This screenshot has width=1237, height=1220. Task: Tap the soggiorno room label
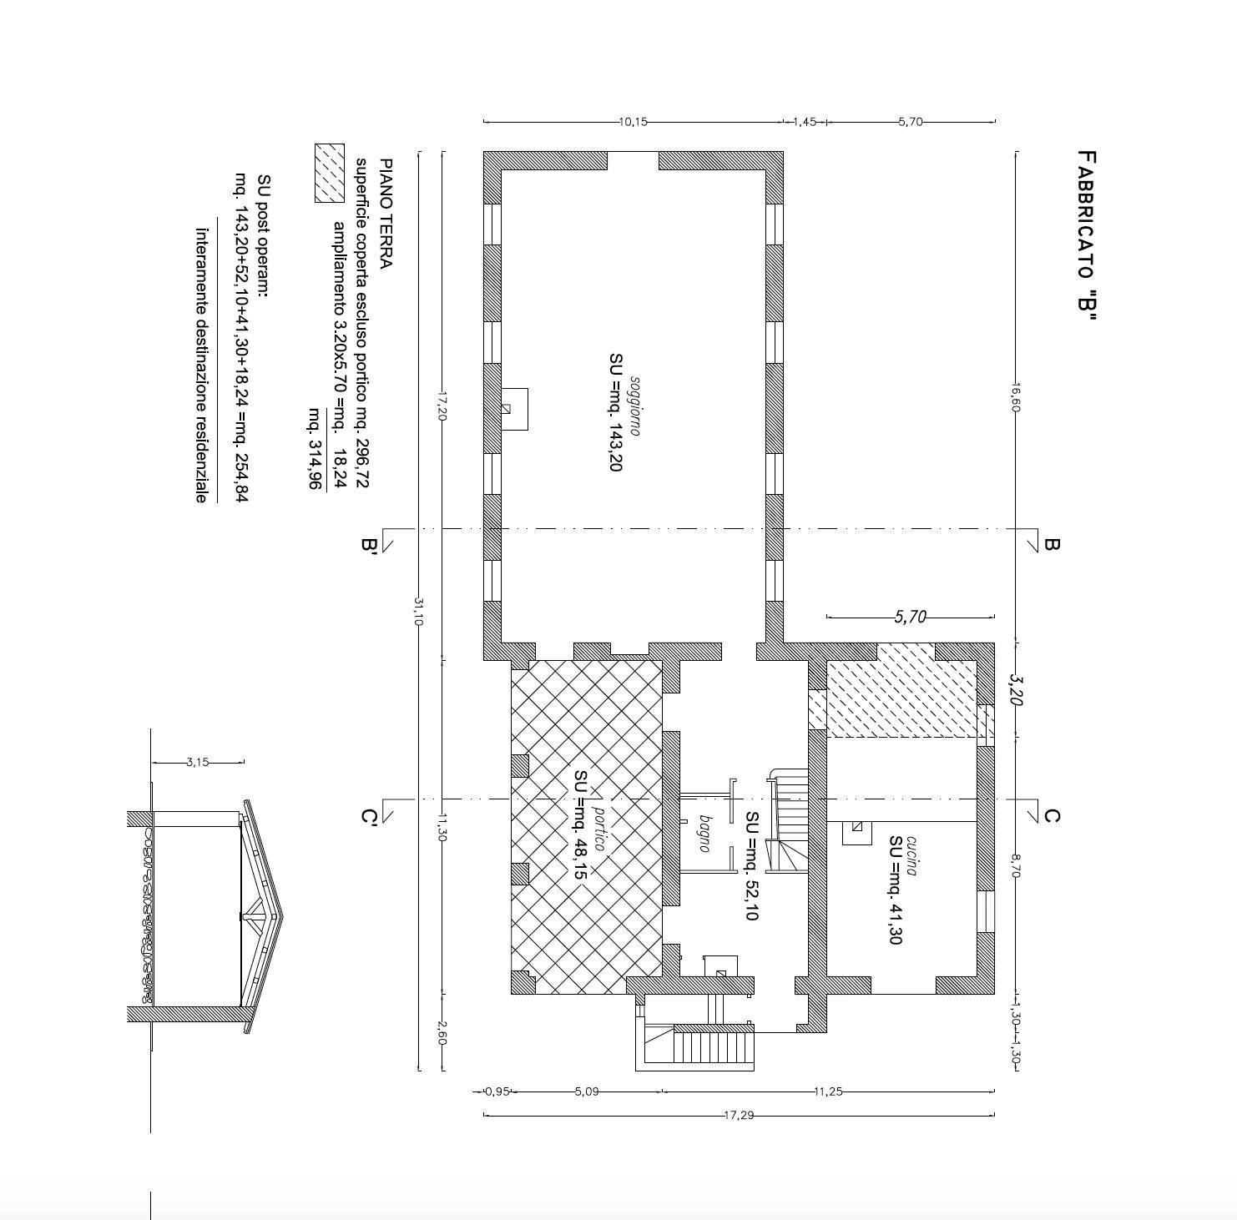[x=635, y=406]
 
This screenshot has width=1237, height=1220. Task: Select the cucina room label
[x=911, y=855]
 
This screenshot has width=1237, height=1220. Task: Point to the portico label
[x=598, y=829]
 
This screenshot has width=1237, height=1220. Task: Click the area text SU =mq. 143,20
[x=615, y=412]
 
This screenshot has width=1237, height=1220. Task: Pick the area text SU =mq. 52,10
[x=751, y=865]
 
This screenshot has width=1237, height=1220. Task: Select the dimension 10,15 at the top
[x=633, y=122]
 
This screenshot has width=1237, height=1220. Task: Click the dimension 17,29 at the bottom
[x=739, y=1115]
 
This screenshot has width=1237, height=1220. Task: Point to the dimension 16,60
[x=1016, y=397]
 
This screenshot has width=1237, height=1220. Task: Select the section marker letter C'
[x=368, y=816]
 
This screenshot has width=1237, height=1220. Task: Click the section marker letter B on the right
[x=1052, y=544]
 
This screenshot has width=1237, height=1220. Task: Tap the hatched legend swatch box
[x=329, y=173]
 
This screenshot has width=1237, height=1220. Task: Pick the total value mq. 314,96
[x=316, y=448]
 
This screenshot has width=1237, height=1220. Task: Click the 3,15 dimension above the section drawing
[x=198, y=762]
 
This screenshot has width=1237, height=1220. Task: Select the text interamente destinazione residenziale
[x=201, y=365]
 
